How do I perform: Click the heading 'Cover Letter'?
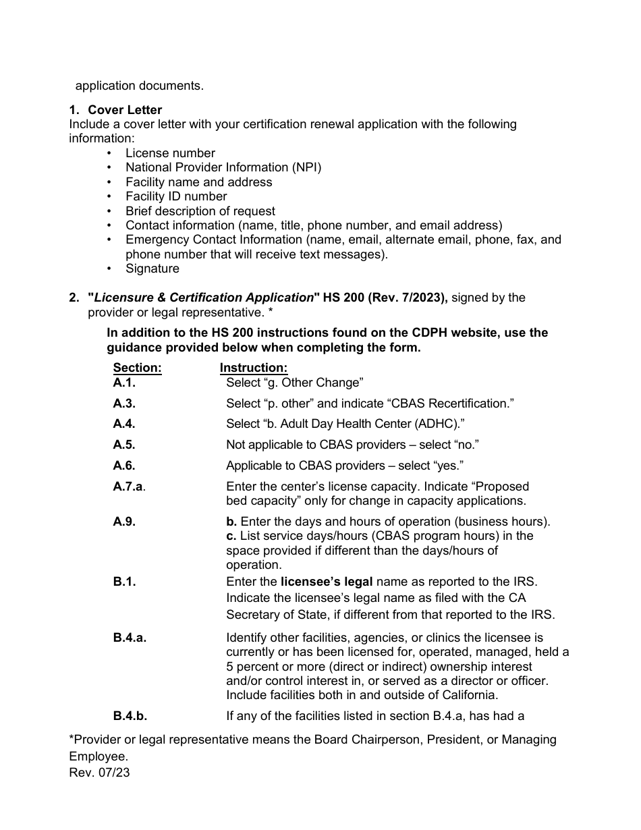point(125,110)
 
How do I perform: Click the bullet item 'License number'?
point(170,153)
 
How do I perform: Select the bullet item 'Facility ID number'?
point(176,196)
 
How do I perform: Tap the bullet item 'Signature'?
point(152,269)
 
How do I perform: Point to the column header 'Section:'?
point(137,368)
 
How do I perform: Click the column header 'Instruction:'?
point(254,368)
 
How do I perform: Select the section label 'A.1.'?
point(124,383)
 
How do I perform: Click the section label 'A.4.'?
point(124,424)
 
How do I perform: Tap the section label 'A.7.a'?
point(128,487)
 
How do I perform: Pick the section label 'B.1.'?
point(124,582)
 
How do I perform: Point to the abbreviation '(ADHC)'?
point(438,424)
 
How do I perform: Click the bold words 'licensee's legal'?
point(326,582)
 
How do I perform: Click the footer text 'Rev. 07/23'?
point(99,773)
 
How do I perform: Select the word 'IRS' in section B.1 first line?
point(526,582)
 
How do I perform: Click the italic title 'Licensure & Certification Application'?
point(204,298)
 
